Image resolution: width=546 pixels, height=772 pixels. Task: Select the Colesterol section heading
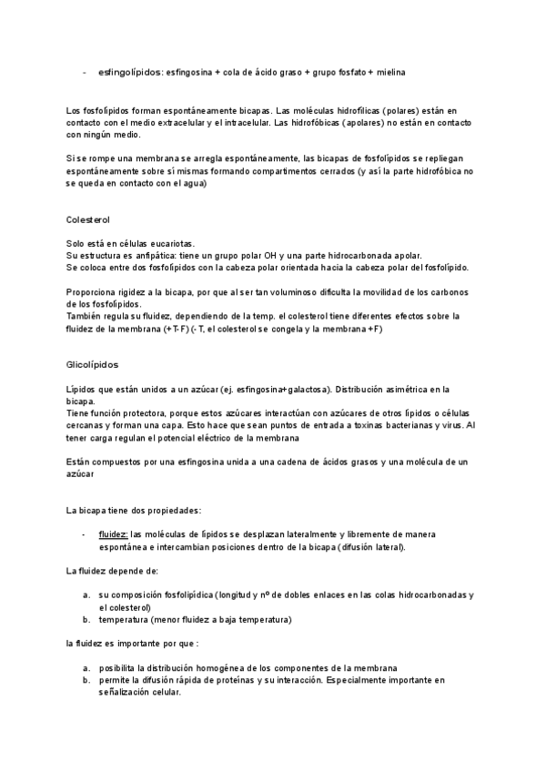point(89,220)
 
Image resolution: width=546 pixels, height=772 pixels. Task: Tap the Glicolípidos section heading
point(92,363)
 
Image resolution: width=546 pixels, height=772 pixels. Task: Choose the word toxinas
point(353,425)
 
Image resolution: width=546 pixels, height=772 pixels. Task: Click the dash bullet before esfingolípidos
point(84,71)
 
